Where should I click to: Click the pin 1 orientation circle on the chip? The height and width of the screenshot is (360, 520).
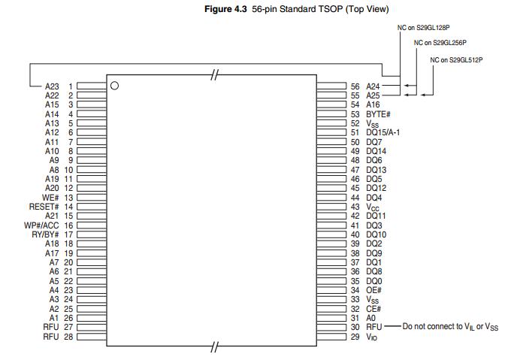[x=115, y=86]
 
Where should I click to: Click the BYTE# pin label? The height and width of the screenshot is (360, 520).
[x=379, y=114]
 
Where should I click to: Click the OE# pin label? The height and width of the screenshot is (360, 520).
[x=373, y=290]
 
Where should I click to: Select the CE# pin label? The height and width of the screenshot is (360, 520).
[x=373, y=309]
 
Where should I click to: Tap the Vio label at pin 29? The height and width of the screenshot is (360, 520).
[x=372, y=337]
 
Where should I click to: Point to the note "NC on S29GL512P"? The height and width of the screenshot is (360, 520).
[x=456, y=59]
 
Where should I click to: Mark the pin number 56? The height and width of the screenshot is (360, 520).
[x=356, y=86]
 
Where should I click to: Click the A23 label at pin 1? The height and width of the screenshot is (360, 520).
[x=52, y=86]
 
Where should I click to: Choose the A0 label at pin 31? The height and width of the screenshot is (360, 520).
[x=370, y=318]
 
